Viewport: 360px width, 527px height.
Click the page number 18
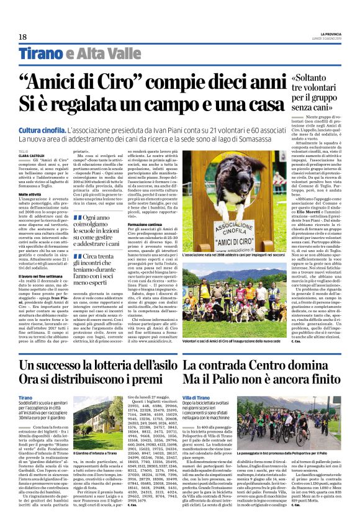(22, 37)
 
